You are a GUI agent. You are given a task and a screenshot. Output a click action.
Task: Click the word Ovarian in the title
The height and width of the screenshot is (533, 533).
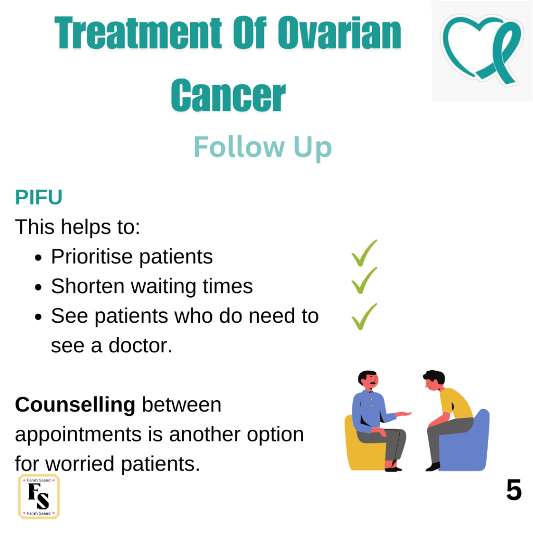point(339,33)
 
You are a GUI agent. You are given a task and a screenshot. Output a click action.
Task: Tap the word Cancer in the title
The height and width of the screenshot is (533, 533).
point(228,95)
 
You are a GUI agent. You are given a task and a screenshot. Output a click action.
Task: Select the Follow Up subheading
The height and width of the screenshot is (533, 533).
point(262,147)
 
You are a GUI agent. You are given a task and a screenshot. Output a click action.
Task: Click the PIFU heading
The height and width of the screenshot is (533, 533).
point(39,197)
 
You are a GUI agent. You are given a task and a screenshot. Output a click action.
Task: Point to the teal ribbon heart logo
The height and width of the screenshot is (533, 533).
point(482,49)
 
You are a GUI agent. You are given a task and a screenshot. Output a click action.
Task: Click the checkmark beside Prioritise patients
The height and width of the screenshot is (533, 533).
point(364,253)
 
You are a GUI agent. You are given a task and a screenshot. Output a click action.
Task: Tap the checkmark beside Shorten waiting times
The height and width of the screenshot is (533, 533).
point(364,281)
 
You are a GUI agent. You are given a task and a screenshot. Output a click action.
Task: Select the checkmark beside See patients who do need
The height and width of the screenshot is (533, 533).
point(364,316)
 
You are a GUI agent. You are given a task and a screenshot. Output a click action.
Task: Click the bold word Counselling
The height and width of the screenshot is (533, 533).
point(75,405)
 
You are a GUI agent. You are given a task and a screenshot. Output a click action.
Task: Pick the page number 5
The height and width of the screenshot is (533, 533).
point(514,490)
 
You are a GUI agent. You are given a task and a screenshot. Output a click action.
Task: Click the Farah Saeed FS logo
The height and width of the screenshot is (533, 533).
point(39,497)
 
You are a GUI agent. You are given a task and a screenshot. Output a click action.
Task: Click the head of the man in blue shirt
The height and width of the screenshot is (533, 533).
point(368,380)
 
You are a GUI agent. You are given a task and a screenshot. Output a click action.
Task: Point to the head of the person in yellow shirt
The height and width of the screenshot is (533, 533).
point(434,380)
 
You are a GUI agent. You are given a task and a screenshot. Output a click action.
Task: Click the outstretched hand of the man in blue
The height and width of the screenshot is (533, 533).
point(403,414)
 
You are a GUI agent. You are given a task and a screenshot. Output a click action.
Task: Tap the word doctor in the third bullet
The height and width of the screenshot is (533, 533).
point(140,346)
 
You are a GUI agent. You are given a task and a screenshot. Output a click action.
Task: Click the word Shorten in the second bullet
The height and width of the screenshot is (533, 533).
point(87,286)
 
